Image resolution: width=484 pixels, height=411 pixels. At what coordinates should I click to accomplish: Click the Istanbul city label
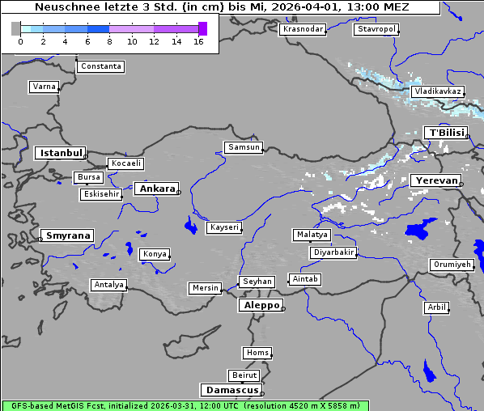pos(59,152)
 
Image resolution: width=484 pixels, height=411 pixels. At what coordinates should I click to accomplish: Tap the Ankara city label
pos(156,189)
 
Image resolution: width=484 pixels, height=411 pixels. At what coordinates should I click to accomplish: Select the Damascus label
pos(231,390)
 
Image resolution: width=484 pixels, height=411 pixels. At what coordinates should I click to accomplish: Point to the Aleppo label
pos(259,305)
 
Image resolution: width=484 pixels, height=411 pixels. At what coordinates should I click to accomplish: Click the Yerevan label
pos(435,180)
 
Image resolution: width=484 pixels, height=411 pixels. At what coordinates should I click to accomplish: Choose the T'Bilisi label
pos(446,133)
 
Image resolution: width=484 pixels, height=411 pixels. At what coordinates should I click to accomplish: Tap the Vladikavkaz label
pos(437,91)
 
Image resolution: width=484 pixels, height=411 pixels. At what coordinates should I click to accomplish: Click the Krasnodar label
pos(302,29)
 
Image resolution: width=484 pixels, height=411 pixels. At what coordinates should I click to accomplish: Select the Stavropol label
pos(376,29)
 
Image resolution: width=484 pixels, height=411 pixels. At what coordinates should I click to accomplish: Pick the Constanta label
pos(101,66)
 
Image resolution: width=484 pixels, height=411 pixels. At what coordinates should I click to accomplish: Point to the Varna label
pos(44,87)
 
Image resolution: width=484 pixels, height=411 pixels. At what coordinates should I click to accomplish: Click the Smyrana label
pos(68,235)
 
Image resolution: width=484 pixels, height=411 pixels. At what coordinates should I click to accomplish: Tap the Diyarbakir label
pos(333,252)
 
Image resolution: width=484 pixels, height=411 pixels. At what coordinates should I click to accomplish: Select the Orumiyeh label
pos(451,265)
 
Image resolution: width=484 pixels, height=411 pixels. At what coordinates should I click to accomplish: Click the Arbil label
pos(436,307)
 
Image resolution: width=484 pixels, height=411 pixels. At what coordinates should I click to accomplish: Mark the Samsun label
pos(243,147)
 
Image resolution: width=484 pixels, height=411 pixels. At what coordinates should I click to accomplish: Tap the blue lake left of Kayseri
pos(191,224)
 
